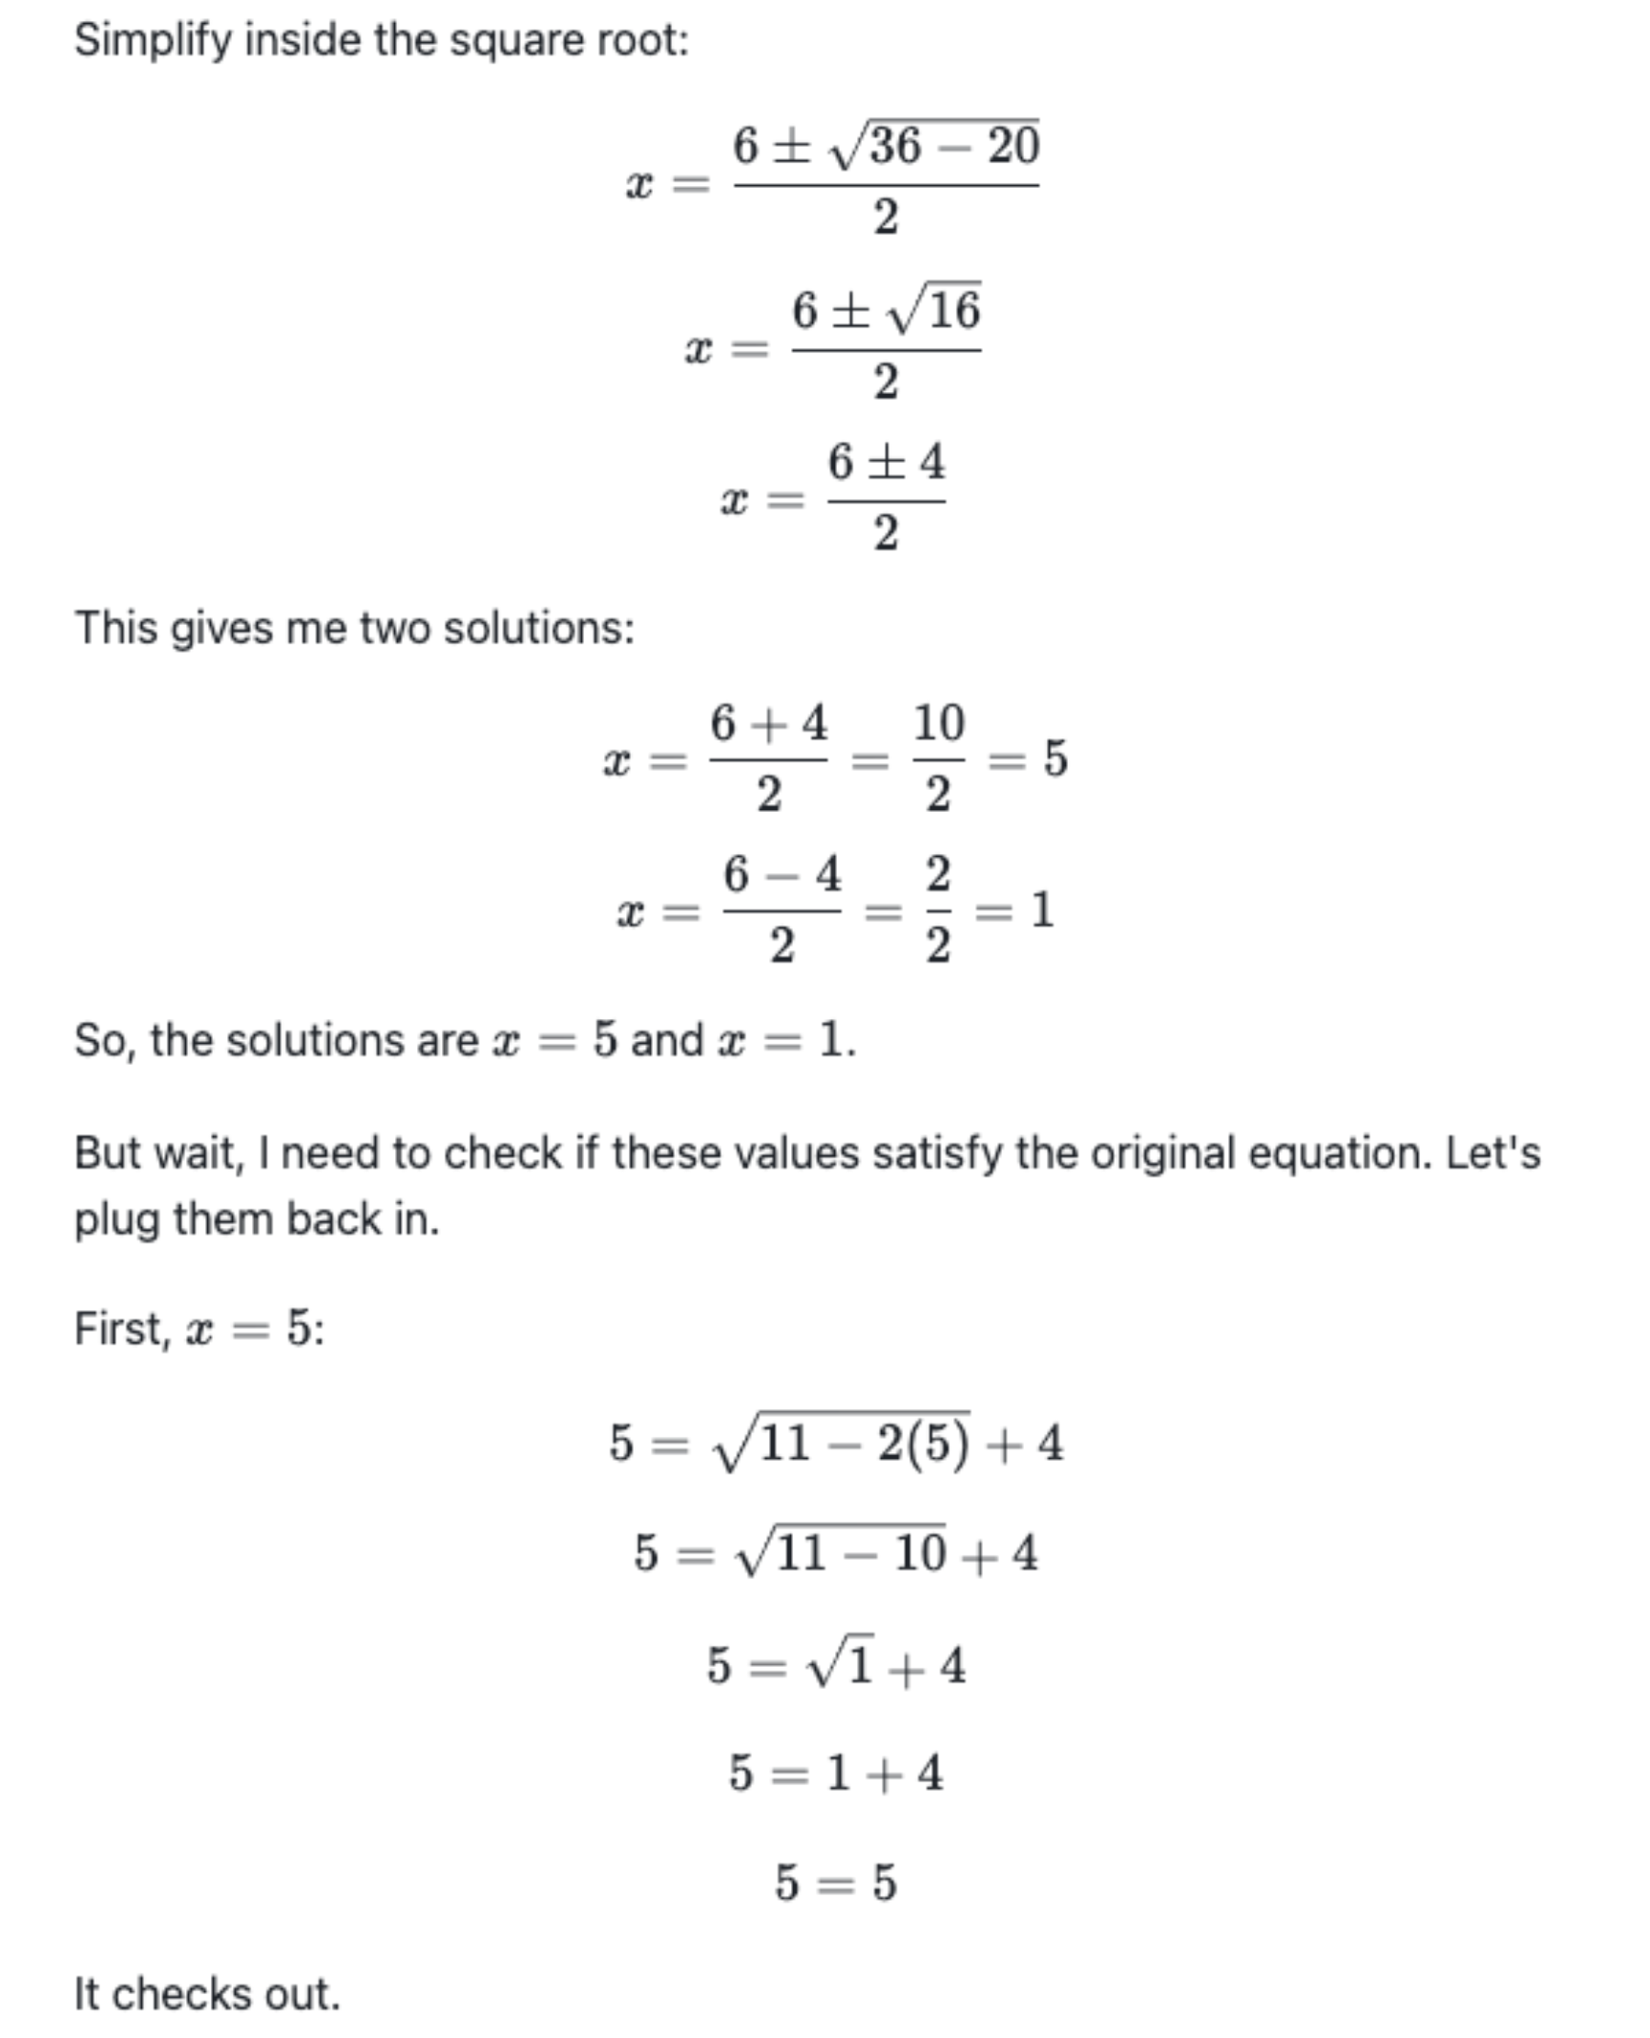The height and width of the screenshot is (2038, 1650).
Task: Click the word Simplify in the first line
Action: tap(153, 41)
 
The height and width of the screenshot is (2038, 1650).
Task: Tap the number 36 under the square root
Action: tap(896, 146)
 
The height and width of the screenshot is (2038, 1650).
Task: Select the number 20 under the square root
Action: tap(1013, 146)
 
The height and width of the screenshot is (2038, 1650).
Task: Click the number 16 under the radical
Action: tap(953, 311)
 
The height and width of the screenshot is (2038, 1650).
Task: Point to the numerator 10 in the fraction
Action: tap(939, 723)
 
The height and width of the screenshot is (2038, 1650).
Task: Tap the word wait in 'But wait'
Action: tap(198, 1153)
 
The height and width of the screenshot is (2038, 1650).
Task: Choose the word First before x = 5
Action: tap(121, 1328)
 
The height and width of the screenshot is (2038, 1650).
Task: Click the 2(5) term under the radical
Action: tap(923, 1443)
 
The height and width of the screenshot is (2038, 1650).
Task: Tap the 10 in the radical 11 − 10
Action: tap(918, 1554)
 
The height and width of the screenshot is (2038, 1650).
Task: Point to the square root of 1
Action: tap(841, 1666)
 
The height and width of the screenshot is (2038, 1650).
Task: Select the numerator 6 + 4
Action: tap(768, 723)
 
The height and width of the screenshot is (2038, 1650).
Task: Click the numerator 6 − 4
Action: tap(782, 874)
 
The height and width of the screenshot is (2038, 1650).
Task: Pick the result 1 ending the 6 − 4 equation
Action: tap(1041, 909)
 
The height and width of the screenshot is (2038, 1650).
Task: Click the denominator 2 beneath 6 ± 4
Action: tap(886, 533)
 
